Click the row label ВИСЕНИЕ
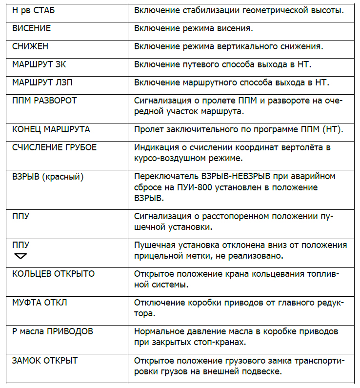click(x=31, y=28)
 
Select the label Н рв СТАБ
click(x=34, y=10)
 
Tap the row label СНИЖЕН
click(x=30, y=47)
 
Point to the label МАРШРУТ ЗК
click(x=40, y=64)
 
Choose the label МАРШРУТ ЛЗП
click(x=42, y=82)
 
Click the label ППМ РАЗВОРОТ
click(x=44, y=101)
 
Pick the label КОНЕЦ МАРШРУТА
click(x=51, y=129)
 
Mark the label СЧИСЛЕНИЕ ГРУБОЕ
click(x=54, y=147)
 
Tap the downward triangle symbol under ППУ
click(x=21, y=255)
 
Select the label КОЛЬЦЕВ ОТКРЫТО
click(x=53, y=274)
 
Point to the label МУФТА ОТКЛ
click(x=40, y=303)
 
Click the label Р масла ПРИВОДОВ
click(x=52, y=331)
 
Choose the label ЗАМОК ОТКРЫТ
click(x=45, y=361)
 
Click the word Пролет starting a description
click(x=148, y=129)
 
